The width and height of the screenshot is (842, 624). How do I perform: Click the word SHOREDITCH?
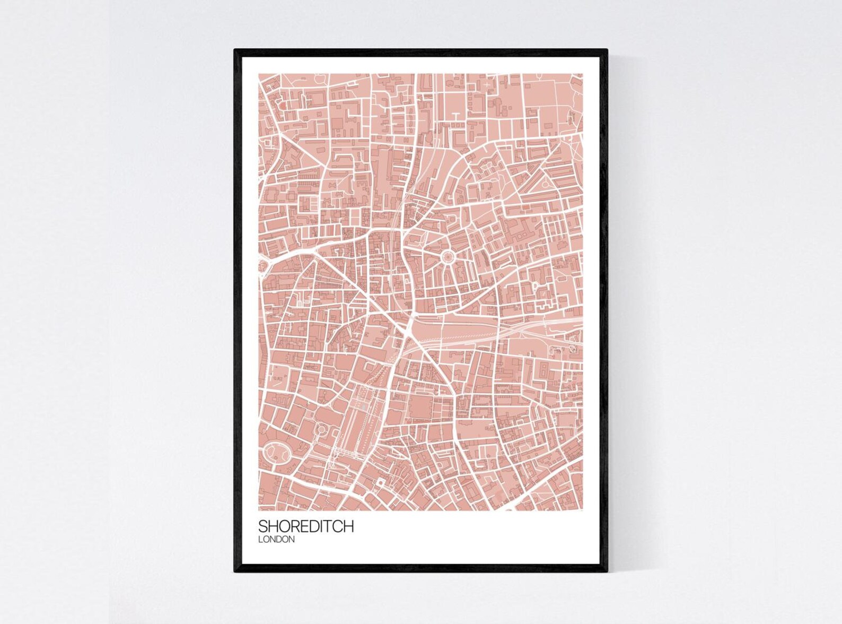click(306, 526)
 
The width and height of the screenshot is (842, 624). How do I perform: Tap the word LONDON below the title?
click(276, 540)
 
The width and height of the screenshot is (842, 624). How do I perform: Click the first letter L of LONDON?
click(260, 540)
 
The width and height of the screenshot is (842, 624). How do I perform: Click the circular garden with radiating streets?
click(447, 258)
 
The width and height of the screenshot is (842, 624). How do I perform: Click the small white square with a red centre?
click(380, 482)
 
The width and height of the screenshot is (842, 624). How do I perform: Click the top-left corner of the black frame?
click(235, 50)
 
